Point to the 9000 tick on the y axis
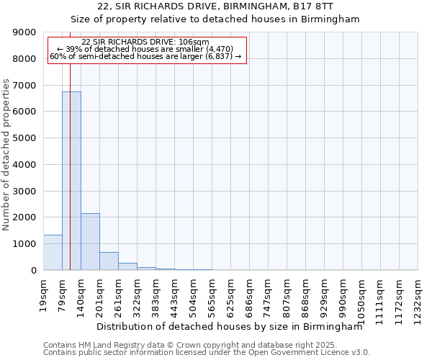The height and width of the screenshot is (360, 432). pos(26,32)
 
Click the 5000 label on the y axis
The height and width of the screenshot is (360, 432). pos(26,138)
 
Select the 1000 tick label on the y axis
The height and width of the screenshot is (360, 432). pos(26,244)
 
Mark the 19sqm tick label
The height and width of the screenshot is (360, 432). pos(43,293)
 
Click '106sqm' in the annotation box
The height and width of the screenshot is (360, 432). pos(194,42)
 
